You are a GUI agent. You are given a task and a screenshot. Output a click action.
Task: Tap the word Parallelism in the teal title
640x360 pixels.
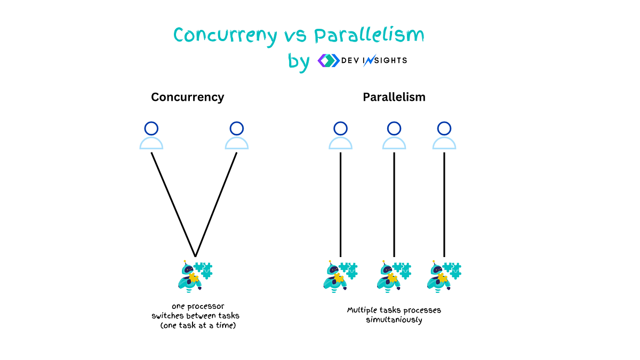(369, 35)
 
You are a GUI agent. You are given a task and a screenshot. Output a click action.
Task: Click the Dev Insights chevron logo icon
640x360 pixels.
(329, 61)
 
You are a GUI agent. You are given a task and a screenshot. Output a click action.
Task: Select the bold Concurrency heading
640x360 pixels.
(187, 98)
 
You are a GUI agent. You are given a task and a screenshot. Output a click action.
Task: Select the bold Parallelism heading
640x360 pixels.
(394, 97)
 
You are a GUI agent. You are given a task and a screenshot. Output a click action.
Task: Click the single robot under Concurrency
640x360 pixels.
(195, 276)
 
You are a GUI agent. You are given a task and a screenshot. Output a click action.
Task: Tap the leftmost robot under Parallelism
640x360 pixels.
(340, 276)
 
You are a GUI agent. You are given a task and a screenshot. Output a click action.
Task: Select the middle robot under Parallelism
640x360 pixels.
(394, 276)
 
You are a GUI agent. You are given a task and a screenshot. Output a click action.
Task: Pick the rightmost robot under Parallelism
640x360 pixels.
(444, 276)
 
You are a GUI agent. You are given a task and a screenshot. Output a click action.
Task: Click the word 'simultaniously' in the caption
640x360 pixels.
(394, 319)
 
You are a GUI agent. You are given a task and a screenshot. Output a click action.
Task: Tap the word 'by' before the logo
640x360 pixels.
(299, 62)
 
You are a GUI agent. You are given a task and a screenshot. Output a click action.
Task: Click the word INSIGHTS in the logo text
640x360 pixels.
(385, 60)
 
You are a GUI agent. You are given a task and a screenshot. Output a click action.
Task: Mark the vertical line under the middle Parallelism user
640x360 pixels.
(394, 205)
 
